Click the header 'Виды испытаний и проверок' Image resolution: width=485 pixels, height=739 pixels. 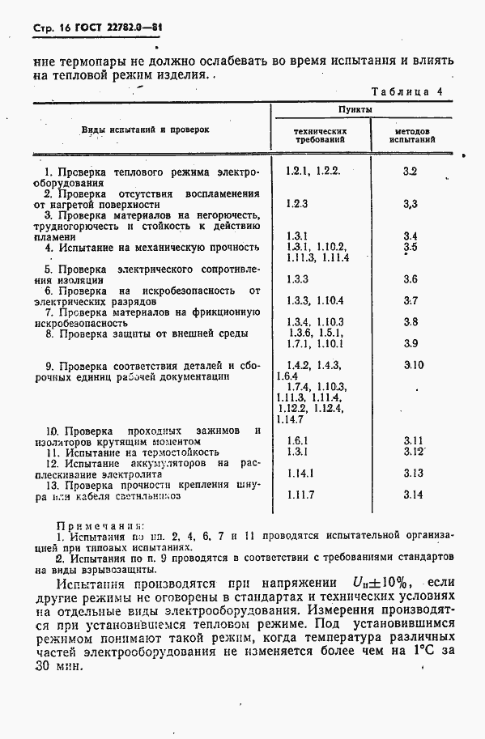tap(145, 130)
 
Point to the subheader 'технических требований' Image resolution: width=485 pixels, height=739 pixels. tap(321, 134)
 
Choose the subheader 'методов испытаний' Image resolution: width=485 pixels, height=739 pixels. tap(412, 134)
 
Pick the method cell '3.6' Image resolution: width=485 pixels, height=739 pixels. tap(410, 279)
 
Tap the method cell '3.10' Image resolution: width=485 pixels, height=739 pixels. tap(413, 365)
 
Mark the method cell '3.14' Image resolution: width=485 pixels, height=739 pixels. tap(413, 495)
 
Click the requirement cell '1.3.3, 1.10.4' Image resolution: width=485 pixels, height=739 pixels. tap(309, 300)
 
